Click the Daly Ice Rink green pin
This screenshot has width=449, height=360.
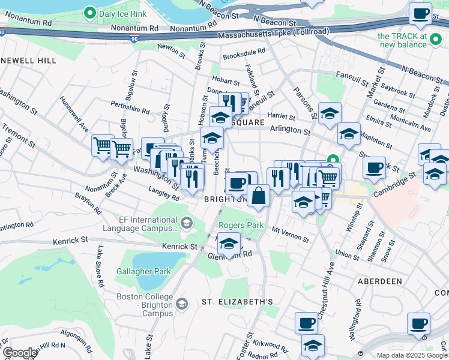pyautogui.click(x=90, y=12)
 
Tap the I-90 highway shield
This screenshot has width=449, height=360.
pyautogui.click(x=133, y=39)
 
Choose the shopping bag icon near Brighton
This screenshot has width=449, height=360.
pyautogui.click(x=258, y=196)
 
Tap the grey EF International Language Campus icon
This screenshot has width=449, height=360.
pyautogui.click(x=187, y=224)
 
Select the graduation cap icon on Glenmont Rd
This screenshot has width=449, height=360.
pyautogui.click(x=229, y=245)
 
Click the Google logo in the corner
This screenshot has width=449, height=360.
pyautogui.click(x=19, y=353)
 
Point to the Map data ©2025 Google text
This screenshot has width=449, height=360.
pyautogui.click(x=412, y=355)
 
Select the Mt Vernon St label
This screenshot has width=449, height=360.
pyautogui.click(x=290, y=233)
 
